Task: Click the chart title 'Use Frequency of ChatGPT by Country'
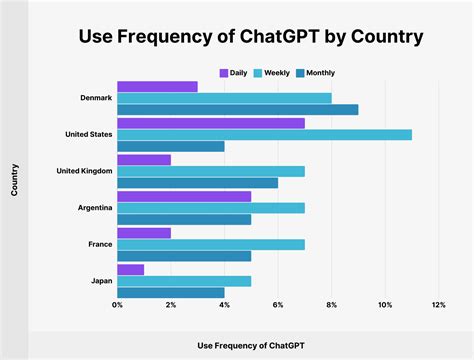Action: tap(237, 38)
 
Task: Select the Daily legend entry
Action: tap(234, 73)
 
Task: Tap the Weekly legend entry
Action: tap(273, 73)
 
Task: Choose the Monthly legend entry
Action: tap(319, 73)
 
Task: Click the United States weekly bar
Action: tap(264, 134)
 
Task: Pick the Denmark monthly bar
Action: tap(237, 110)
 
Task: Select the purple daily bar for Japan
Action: tap(130, 269)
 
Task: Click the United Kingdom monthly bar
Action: tap(197, 183)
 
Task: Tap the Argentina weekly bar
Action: tap(210, 208)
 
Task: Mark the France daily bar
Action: tap(144, 232)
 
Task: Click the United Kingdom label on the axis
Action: tap(82, 171)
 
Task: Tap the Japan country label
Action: tap(100, 281)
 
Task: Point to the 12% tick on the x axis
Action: tap(438, 304)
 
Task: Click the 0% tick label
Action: tap(118, 304)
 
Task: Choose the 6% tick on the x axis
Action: tap(278, 304)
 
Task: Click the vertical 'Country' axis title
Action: tap(14, 187)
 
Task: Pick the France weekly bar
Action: tap(210, 244)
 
